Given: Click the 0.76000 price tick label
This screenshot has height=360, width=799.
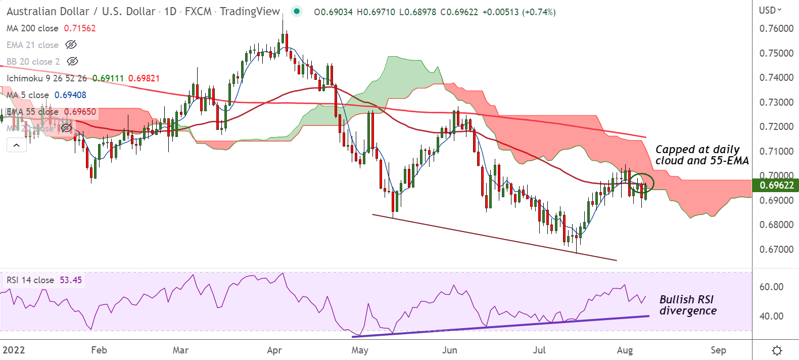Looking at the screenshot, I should pyautogui.click(x=776, y=29).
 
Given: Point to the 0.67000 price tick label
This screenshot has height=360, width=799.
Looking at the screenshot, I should pyautogui.click(x=776, y=249).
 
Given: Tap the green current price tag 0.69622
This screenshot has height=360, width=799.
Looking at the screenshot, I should pyautogui.click(x=776, y=185).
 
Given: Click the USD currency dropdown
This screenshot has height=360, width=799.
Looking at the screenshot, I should pyautogui.click(x=770, y=10).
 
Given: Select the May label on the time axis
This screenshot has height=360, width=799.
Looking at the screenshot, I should pyautogui.click(x=360, y=350).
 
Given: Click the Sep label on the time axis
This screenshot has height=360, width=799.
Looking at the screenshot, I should pyautogui.click(x=718, y=350).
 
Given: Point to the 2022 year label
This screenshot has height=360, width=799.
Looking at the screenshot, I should pyautogui.click(x=14, y=350).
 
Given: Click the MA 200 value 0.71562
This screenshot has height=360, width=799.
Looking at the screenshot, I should pyautogui.click(x=80, y=28).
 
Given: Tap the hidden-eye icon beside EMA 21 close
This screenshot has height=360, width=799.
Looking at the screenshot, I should pyautogui.click(x=71, y=45).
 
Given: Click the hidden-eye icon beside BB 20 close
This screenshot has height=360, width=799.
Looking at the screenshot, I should pyautogui.click(x=73, y=62).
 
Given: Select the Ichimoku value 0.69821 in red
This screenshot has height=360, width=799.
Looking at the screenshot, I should pyautogui.click(x=144, y=78).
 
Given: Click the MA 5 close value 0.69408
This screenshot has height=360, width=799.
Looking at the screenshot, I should pyautogui.click(x=70, y=95).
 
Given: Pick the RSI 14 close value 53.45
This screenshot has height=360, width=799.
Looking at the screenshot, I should pyautogui.click(x=71, y=280).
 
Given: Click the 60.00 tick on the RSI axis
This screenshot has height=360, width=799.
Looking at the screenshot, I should pyautogui.click(x=771, y=287).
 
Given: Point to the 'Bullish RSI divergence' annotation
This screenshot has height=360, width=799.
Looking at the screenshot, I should pyautogui.click(x=688, y=305).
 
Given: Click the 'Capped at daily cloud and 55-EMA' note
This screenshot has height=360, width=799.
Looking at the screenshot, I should pyautogui.click(x=702, y=155).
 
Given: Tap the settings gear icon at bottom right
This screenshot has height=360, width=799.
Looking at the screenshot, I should pyautogui.click(x=777, y=350).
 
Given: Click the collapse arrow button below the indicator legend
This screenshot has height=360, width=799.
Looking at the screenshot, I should pyautogui.click(x=16, y=146).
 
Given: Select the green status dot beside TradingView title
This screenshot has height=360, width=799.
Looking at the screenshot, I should pyautogui.click(x=297, y=11).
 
